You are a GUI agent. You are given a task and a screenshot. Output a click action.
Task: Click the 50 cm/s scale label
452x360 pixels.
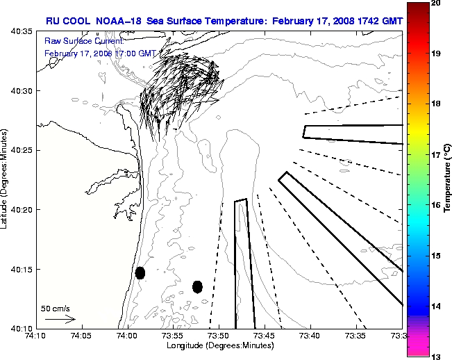coord(55,307)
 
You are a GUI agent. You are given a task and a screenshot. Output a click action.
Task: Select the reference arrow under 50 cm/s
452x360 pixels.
coord(60,319)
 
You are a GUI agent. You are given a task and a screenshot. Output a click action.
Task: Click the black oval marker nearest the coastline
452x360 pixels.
coord(140,272)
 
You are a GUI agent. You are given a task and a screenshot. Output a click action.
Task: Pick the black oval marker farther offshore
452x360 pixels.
coord(198,286)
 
